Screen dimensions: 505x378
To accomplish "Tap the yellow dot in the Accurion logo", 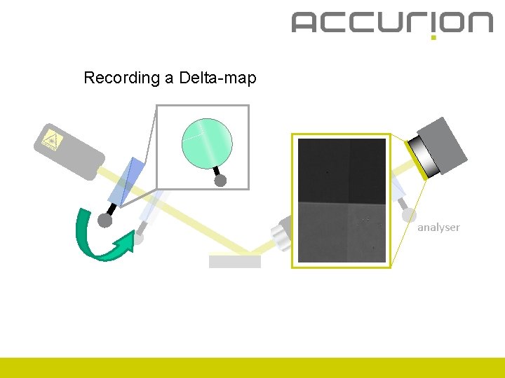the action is coord(433,36).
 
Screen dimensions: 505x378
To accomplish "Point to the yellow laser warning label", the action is coord(51,139).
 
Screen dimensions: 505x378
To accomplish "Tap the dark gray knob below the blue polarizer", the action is coord(105,220).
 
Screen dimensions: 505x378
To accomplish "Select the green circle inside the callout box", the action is coord(206,140).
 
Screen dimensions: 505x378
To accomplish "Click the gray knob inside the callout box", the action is coord(220,181).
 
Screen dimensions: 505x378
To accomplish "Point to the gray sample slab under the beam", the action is coord(235,262).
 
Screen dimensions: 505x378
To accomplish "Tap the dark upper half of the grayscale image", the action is coord(342,170).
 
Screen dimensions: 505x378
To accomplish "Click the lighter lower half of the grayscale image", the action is coord(342,232).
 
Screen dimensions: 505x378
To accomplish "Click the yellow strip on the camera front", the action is coord(416,160).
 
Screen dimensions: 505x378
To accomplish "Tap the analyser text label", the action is coord(438,227).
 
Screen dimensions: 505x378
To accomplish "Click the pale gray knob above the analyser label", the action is coord(409,216).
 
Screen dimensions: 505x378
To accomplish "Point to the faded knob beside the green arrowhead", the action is coord(139,238).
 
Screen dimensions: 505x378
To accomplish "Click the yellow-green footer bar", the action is coord(252,367).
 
